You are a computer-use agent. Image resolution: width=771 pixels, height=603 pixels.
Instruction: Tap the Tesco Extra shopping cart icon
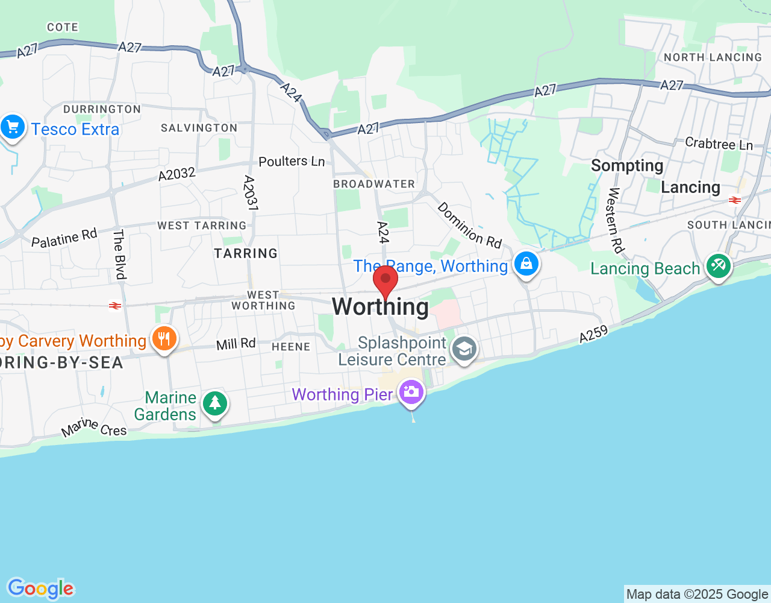[x=13, y=127]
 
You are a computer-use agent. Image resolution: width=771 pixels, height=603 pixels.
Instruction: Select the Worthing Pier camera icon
[x=411, y=392]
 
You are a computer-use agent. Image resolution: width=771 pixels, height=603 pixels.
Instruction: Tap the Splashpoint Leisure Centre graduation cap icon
[x=464, y=349]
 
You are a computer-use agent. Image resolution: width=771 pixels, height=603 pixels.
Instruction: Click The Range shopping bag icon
[x=526, y=264]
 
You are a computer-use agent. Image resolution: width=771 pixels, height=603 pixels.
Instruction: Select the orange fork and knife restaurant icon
[x=164, y=338]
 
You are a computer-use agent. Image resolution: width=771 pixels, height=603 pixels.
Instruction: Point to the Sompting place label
[x=627, y=166]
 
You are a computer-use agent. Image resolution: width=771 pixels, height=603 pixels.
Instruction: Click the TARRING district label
[x=246, y=253]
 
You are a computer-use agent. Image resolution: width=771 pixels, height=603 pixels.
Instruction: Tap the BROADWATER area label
[x=374, y=184]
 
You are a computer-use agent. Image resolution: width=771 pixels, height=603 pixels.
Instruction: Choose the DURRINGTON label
[x=102, y=109]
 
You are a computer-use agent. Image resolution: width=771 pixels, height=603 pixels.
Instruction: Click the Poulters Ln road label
[x=292, y=161]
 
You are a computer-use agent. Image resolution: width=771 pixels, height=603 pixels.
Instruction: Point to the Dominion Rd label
[x=469, y=225]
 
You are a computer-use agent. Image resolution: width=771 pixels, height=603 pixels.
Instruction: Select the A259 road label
[x=593, y=333]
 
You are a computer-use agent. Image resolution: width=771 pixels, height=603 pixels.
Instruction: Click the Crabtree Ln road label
[x=719, y=144]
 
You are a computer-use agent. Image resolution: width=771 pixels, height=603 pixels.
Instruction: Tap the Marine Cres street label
[x=94, y=428]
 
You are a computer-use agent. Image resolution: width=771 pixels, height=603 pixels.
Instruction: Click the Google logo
[x=40, y=589]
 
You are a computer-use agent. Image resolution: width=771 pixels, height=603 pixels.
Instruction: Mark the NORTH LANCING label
[x=713, y=57]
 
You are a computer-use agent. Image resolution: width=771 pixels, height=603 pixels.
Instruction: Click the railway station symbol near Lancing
[x=734, y=200]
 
